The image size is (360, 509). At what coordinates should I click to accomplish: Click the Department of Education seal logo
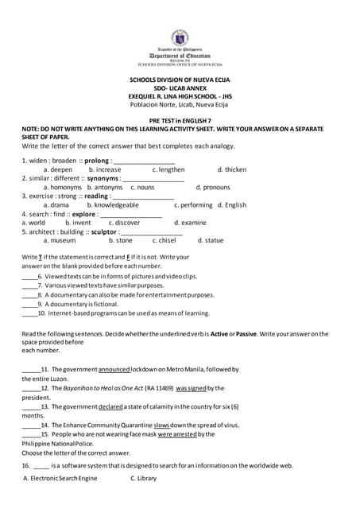[x=180, y=37]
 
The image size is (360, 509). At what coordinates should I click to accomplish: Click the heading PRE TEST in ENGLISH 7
[x=179, y=119]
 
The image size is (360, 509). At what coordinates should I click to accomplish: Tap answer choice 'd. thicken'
[x=232, y=169]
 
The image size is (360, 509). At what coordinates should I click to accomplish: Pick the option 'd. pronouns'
[x=212, y=187]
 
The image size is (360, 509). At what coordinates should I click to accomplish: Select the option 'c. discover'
[x=124, y=223]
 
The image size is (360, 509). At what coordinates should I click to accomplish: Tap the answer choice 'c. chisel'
[x=164, y=239]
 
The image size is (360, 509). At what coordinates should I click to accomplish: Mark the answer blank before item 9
[x=29, y=305]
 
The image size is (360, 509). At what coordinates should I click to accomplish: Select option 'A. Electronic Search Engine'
[x=60, y=478]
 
